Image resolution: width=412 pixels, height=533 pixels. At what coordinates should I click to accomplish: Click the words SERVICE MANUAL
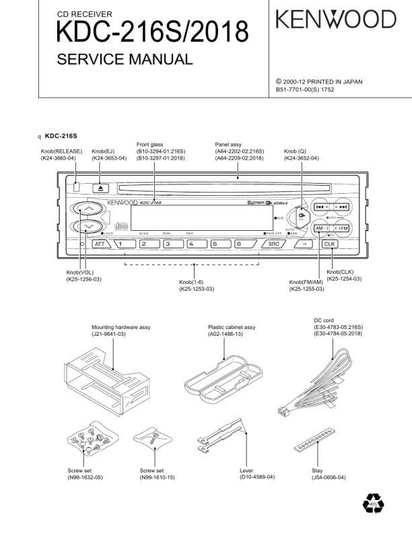click(x=125, y=59)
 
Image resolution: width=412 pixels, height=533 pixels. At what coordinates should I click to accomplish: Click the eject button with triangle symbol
click(x=100, y=188)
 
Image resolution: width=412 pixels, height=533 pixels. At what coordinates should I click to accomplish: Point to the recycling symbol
click(x=372, y=503)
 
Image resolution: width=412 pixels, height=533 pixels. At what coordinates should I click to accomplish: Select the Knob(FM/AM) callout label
click(x=307, y=282)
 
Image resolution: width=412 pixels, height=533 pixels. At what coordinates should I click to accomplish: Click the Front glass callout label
click(x=149, y=144)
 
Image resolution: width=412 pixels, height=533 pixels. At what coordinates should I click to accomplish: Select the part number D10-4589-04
click(x=257, y=477)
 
